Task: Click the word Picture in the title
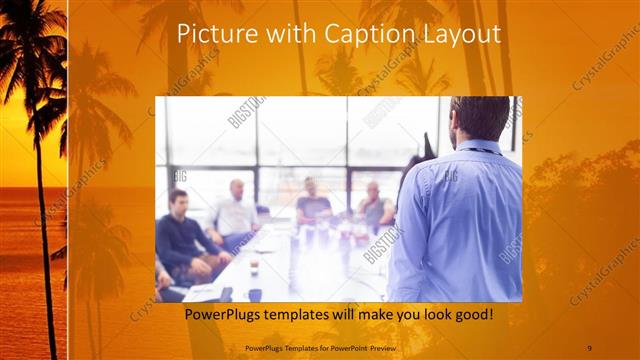click(x=210, y=34)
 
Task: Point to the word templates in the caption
click(x=310, y=314)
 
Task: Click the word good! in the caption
click(x=469, y=314)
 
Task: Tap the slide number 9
click(x=589, y=347)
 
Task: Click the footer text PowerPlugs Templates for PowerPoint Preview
click(x=321, y=347)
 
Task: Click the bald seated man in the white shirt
click(x=236, y=211)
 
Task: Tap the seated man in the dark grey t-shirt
click(x=312, y=204)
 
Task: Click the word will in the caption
click(x=360, y=314)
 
